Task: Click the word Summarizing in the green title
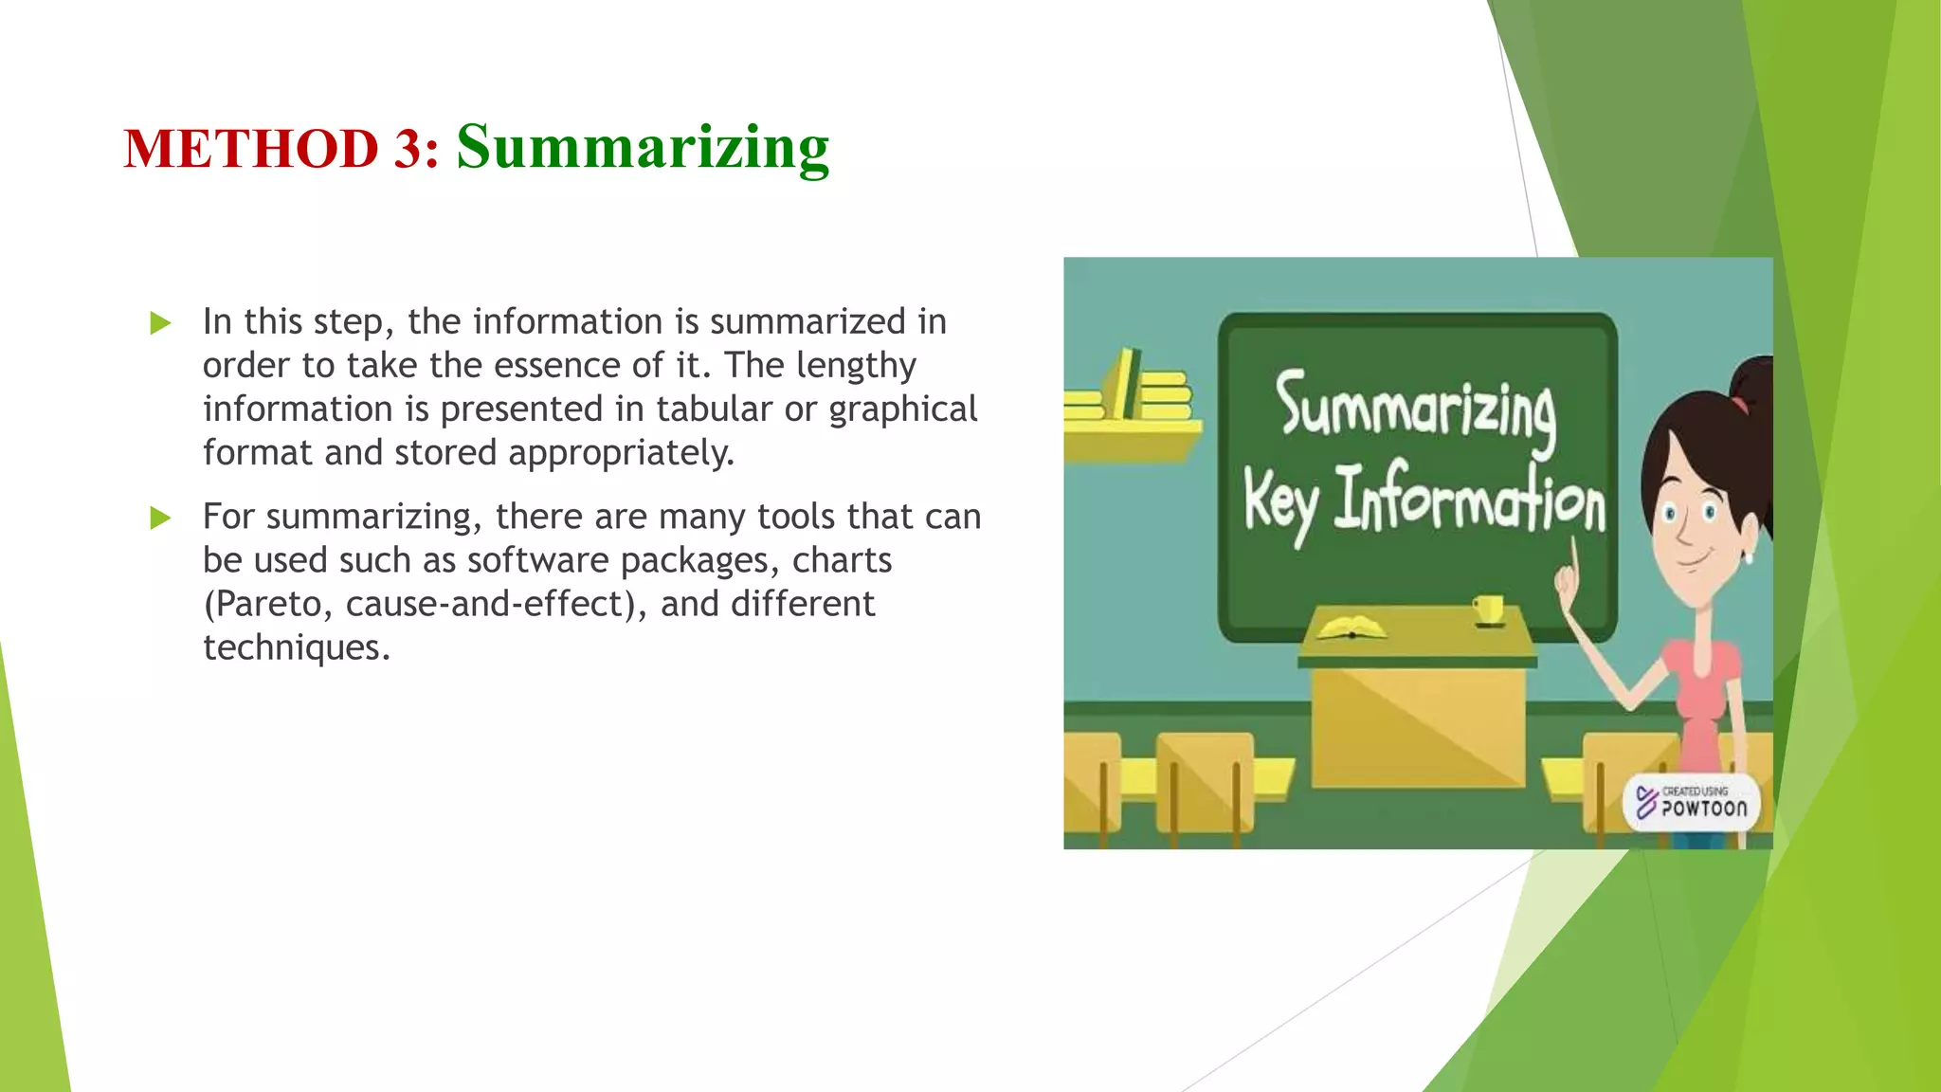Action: pos(643,148)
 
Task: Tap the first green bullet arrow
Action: pos(160,324)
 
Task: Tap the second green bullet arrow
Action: pos(160,519)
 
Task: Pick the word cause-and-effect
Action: pos(493,604)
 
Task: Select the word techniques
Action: pos(296,647)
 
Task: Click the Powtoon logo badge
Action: pos(1693,802)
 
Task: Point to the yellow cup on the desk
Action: pos(1488,608)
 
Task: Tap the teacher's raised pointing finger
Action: pos(1573,555)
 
